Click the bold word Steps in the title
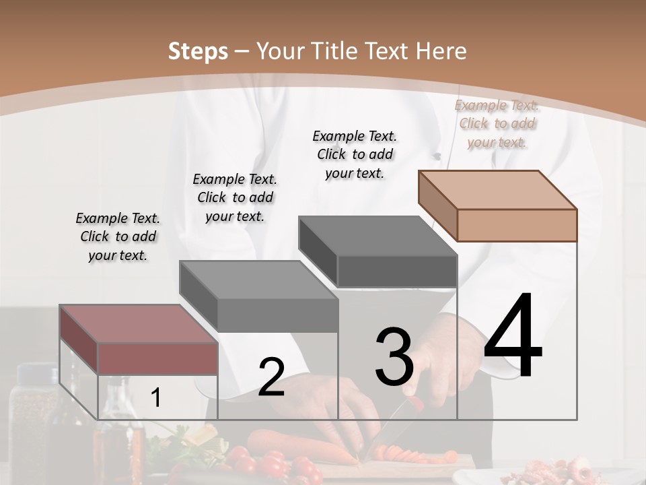(198, 51)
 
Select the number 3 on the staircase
(394, 357)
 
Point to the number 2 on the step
(271, 377)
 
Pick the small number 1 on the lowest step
(155, 398)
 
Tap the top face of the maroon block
(138, 324)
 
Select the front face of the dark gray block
(396, 271)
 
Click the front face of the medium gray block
(277, 315)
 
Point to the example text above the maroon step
(118, 237)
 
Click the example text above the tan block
(497, 124)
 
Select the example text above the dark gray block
(355, 154)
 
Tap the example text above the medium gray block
(235, 197)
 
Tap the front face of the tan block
(517, 225)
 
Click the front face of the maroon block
(158, 358)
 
